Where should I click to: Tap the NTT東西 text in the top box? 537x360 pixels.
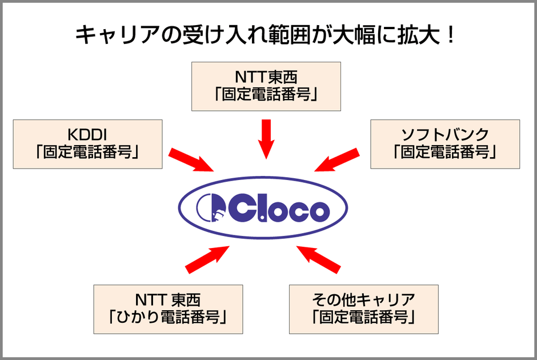tap(266, 76)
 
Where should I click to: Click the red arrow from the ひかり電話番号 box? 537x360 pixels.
tap(207, 259)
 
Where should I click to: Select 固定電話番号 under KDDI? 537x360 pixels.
tap(87, 153)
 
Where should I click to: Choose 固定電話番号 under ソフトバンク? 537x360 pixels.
tap(445, 153)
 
